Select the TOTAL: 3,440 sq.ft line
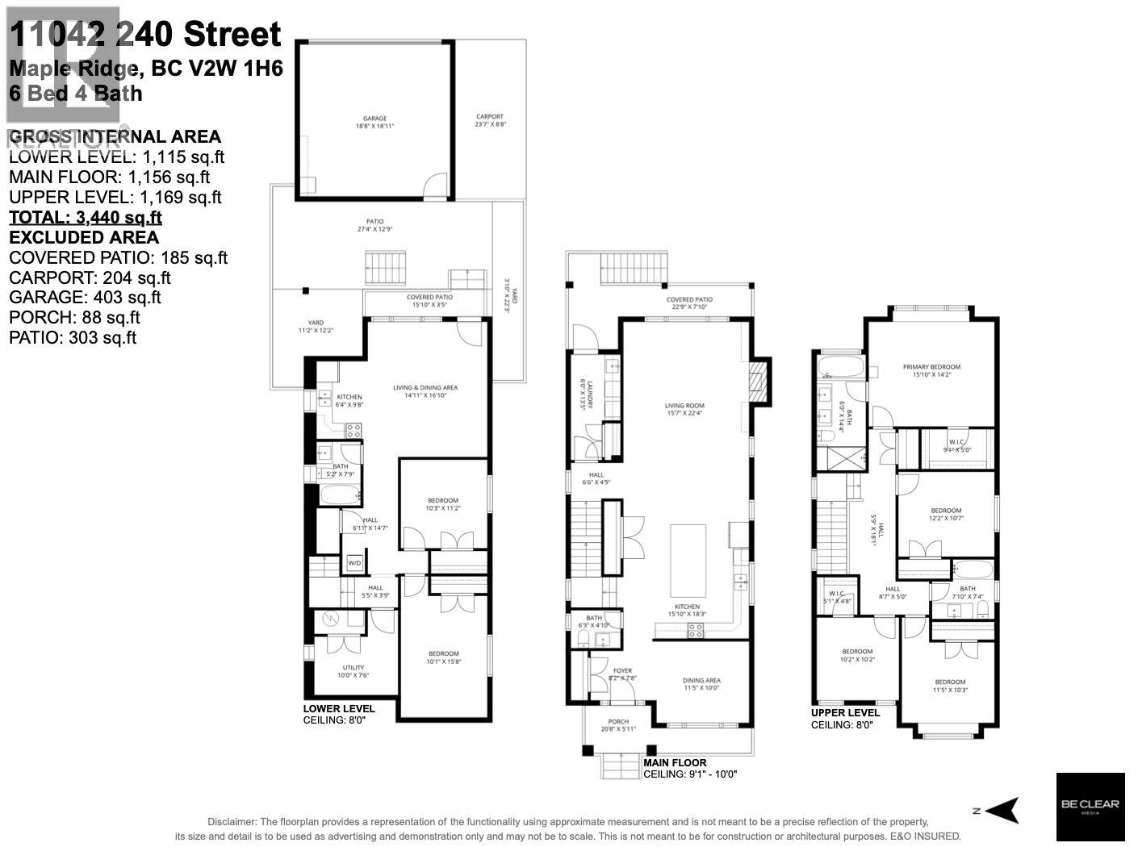point(86,217)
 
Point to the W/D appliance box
point(354,562)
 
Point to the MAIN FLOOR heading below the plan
point(675,762)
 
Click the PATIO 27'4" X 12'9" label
point(374,225)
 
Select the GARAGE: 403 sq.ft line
point(85,298)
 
